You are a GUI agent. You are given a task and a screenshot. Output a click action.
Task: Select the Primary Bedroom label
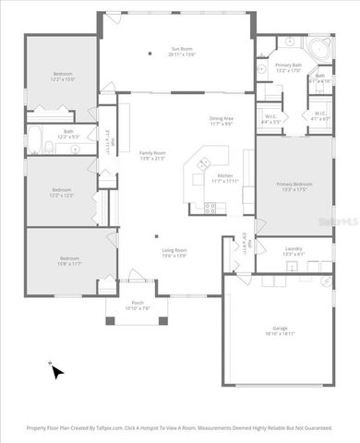(x=294, y=184)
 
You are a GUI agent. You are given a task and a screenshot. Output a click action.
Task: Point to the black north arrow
(x=56, y=371)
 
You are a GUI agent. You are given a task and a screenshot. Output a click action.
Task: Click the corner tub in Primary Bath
(x=318, y=50)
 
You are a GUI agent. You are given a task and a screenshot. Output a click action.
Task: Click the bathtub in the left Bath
(x=35, y=140)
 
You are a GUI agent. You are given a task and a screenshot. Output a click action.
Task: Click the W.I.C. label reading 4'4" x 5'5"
(x=270, y=118)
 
